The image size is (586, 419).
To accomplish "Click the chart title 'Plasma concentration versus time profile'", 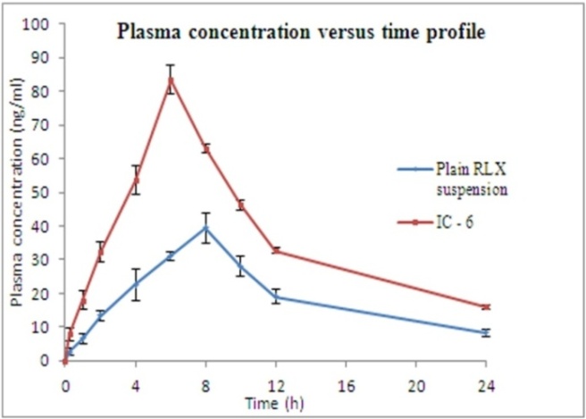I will coord(302,34).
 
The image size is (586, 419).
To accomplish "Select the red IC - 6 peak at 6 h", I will coord(171,79).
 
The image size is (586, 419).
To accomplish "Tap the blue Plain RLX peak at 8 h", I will coord(205,228).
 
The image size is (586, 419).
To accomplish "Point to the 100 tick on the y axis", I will coord(40,24).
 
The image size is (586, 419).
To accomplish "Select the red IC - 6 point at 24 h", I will coord(485,306).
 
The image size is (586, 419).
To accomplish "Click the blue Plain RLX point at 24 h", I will coord(485,332).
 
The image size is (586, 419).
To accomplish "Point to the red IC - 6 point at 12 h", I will coord(275,250).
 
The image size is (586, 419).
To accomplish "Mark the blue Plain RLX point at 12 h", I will coord(275,297).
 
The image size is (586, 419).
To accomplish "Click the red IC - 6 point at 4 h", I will coord(136,180).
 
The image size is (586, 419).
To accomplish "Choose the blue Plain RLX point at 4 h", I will coord(136,284).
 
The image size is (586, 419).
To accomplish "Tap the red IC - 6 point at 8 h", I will coord(205,147).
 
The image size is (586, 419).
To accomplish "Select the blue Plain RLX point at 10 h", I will coord(240,265).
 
